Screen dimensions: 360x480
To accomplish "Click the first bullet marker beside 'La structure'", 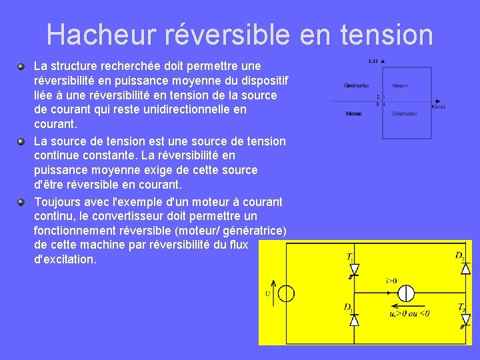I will (x=21, y=66).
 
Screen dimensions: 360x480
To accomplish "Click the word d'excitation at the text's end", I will (x=65, y=259).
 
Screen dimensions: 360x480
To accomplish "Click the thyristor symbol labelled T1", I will (x=354, y=269).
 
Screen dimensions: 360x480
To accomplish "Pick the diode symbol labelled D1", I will (x=354, y=320).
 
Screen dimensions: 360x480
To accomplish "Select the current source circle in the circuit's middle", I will (x=406, y=293).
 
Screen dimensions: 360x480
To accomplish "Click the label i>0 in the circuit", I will (x=391, y=281).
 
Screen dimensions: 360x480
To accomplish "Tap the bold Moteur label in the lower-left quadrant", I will (x=354, y=114).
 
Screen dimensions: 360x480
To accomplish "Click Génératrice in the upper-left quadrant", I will (x=357, y=86).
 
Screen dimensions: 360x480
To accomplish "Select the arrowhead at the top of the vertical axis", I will (x=383, y=62).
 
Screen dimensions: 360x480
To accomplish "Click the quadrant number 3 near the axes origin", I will (x=377, y=104).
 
